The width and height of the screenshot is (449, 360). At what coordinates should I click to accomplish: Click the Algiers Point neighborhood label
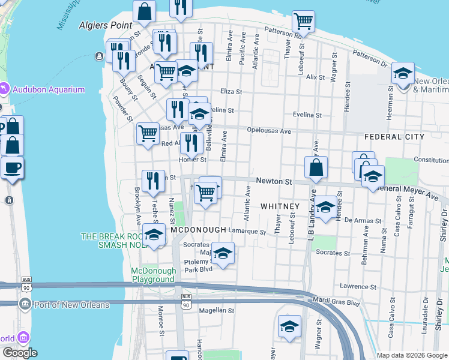coord(101,25)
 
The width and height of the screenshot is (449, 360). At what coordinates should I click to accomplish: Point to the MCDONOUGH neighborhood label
coord(198,230)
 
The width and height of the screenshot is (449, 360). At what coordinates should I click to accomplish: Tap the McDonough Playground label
coord(154,275)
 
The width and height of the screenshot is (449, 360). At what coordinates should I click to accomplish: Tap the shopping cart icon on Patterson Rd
coord(304,22)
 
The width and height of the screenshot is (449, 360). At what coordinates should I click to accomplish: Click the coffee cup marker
coord(12,167)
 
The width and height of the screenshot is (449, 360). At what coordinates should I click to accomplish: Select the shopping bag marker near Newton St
coord(316,167)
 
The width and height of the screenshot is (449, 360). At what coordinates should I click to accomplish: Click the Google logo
coord(20,353)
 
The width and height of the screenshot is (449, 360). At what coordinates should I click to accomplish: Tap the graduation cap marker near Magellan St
coord(289,326)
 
